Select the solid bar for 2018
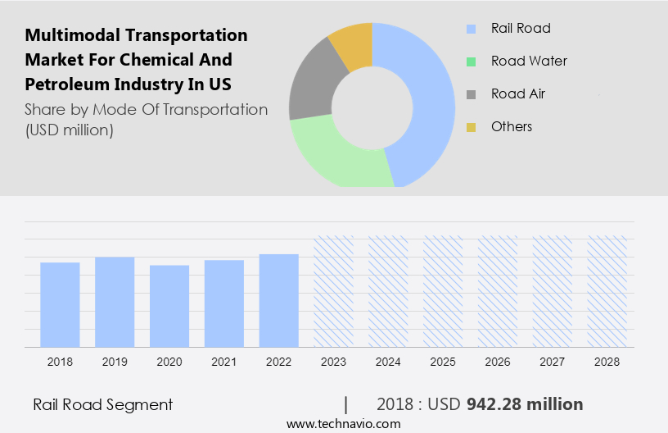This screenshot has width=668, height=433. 60,304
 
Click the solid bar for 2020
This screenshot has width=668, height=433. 169,306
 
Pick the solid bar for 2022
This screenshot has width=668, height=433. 279,300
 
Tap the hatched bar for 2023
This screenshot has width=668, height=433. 334,291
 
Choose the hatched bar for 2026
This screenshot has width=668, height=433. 499,291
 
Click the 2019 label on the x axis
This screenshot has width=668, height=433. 115,361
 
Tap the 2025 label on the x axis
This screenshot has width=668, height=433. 444,361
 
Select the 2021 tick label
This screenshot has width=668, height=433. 224,361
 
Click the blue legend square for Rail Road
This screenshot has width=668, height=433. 471,29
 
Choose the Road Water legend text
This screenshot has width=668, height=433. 529,61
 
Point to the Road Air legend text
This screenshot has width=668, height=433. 517,93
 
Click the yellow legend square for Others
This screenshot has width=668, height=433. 471,127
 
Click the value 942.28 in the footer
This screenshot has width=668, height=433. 494,404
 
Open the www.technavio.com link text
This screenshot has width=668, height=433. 343,423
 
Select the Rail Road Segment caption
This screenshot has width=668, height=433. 102,404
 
